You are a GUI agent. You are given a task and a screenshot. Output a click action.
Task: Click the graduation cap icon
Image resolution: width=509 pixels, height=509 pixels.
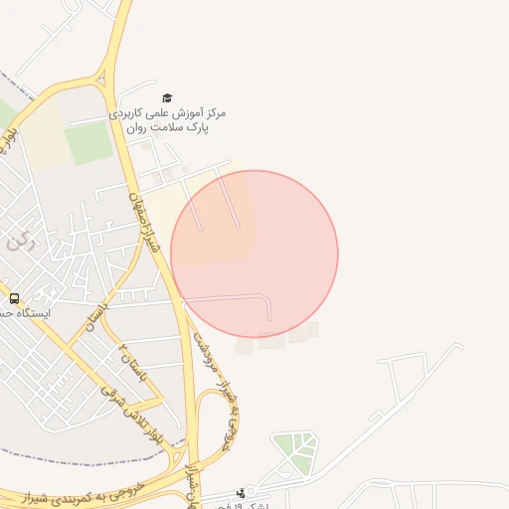tap(167, 97)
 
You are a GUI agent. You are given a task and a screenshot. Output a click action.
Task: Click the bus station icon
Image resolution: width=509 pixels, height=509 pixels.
tap(14, 297)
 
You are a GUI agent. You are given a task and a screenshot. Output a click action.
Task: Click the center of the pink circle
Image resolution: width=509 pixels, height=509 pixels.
tap(254, 254)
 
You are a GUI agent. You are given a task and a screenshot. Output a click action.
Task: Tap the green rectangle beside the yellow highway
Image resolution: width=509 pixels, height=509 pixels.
tap(89, 143)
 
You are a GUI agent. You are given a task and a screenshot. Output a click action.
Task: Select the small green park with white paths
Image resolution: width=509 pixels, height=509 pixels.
tap(295, 451)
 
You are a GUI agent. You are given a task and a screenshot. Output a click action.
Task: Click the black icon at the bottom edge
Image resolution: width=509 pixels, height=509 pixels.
tap(240, 492)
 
